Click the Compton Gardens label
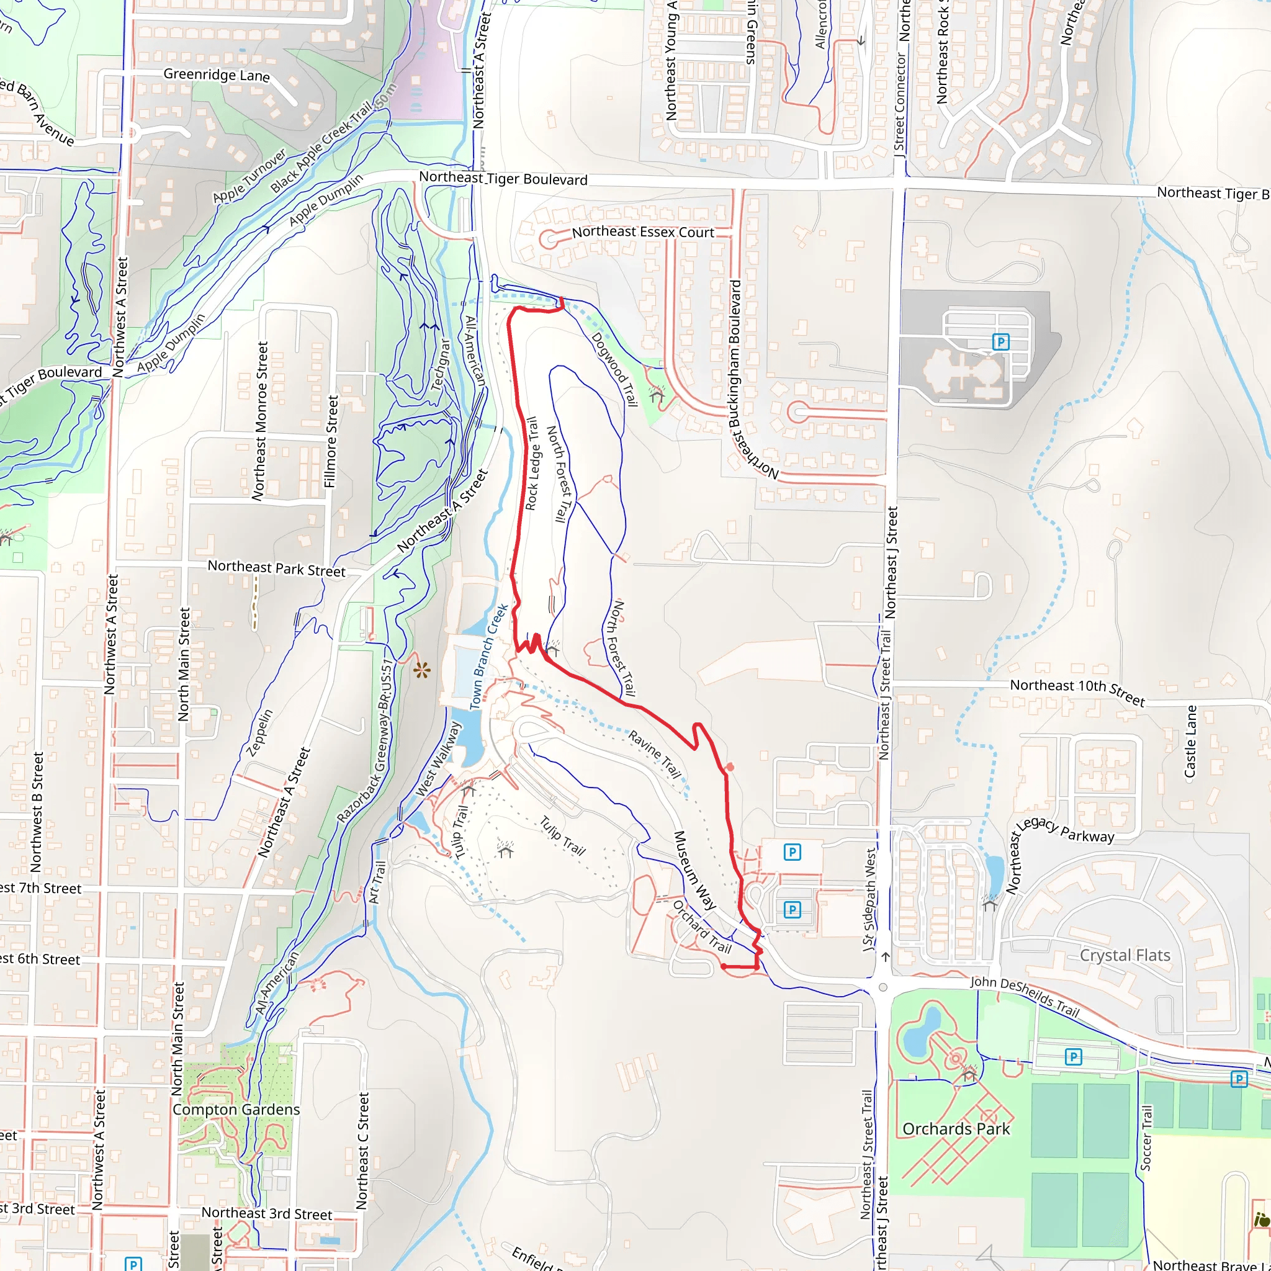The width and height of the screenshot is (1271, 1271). pos(236,1110)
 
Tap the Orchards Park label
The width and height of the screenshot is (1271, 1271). pos(956,1129)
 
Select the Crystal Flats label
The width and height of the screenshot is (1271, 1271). pos(1125,955)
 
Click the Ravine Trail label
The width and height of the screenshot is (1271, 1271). pos(654,755)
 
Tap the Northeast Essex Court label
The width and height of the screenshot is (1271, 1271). pos(643,232)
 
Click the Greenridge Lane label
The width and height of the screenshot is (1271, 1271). pos(217,74)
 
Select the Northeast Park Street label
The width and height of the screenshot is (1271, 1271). pos(276,568)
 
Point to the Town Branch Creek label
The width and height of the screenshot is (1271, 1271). pos(489,656)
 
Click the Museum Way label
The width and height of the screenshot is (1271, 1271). pos(694,870)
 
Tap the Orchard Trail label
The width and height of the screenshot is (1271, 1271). pos(702,927)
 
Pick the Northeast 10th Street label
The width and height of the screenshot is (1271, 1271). pos(1077,690)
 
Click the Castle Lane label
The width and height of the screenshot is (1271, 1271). pos(1190,742)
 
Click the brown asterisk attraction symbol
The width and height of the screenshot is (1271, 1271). pos(421,671)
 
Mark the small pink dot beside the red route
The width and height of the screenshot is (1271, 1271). pos(730,767)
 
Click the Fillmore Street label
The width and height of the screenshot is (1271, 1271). pos(331,441)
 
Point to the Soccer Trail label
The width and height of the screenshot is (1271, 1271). pos(1146,1138)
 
